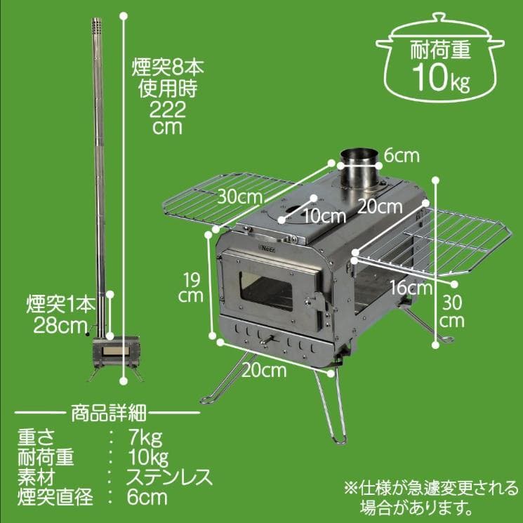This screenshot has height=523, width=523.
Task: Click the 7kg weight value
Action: point(145,440)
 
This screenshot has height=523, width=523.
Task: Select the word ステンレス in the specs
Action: point(168,478)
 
